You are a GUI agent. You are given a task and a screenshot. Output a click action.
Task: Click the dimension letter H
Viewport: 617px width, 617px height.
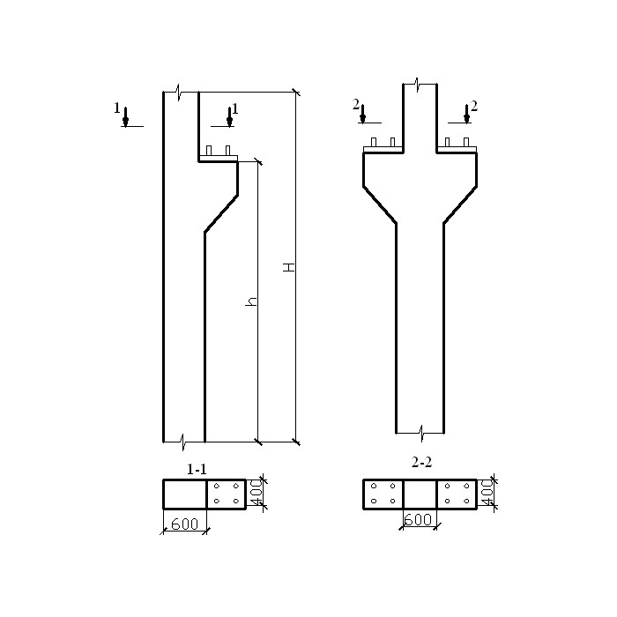pos(289,267)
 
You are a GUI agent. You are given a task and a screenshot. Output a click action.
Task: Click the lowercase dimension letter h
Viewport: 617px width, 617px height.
pos(251,301)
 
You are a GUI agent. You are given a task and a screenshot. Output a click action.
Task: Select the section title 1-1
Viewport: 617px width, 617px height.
pos(197,469)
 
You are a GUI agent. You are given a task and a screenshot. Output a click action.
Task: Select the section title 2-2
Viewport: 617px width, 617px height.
pos(421,462)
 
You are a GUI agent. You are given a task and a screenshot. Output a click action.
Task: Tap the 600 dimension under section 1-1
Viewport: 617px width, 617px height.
pos(185,524)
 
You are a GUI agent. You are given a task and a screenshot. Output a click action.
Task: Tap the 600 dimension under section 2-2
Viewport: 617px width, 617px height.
pos(418,520)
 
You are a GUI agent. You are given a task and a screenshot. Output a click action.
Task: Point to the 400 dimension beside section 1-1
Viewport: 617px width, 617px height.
pos(256,492)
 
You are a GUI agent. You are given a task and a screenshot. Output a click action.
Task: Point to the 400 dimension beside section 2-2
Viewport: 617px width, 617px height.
pos(487,492)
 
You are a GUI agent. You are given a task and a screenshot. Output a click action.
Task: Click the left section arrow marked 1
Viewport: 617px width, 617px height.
pos(125,117)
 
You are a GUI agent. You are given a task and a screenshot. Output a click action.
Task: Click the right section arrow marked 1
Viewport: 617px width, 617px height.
pos(229,117)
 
